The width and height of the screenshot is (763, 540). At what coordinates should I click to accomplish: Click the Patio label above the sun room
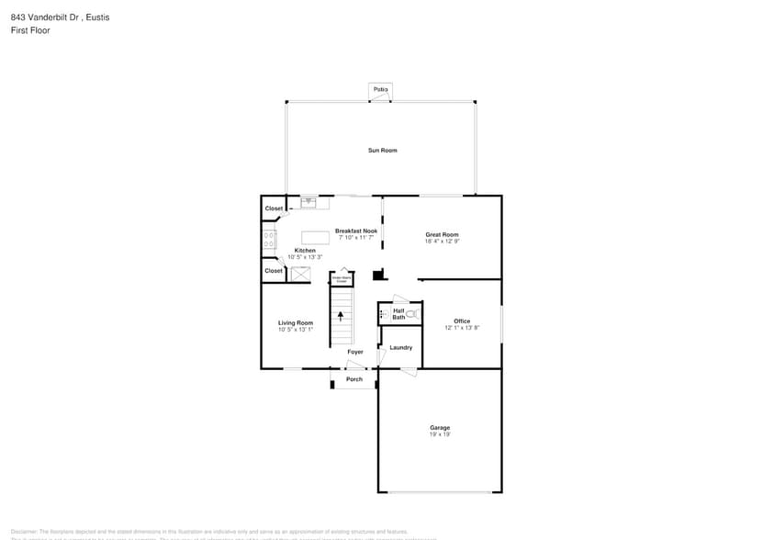click(380, 89)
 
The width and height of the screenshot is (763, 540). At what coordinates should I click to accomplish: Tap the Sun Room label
click(382, 150)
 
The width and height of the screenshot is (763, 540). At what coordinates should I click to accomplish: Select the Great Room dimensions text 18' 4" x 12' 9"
click(442, 242)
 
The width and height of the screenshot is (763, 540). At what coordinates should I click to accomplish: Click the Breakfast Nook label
click(355, 231)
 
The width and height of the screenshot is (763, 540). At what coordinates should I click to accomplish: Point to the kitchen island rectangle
click(315, 237)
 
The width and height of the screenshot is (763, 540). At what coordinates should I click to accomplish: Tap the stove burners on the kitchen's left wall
click(269, 240)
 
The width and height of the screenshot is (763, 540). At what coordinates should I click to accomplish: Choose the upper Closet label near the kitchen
click(274, 208)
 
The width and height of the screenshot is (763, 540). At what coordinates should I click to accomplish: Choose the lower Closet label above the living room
click(274, 271)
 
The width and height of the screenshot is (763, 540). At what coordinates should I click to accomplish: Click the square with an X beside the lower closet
click(300, 274)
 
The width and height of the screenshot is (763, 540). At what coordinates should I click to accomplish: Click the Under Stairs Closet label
click(341, 277)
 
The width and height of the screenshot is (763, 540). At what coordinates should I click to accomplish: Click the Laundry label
click(400, 347)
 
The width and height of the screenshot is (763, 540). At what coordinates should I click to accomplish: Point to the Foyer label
click(354, 352)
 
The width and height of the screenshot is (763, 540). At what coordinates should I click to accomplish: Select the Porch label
click(353, 379)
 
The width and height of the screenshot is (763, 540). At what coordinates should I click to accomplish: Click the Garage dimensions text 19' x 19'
click(440, 434)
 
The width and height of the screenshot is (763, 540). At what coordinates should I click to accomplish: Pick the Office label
click(462, 321)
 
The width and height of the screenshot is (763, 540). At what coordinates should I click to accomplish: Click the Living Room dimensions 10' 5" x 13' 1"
click(296, 329)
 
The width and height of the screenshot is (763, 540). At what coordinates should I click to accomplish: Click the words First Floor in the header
click(30, 30)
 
